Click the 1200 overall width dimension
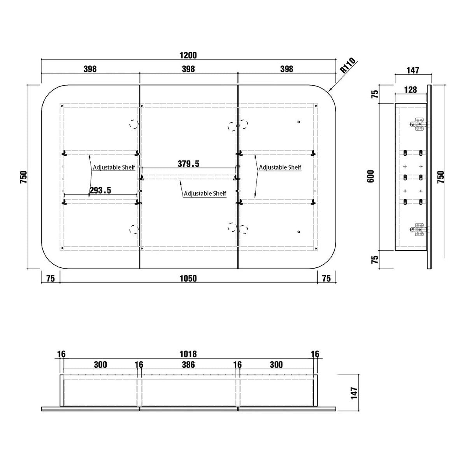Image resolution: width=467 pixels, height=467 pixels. tap(188, 55)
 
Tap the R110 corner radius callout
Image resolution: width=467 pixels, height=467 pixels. tap(348, 65)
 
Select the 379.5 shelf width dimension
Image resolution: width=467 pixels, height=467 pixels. tap(188, 164)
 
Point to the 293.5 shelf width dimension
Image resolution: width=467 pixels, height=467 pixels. tap(100, 190)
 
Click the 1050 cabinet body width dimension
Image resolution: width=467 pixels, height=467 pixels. tap(188, 279)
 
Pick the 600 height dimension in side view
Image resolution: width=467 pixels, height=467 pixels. tap(371, 176)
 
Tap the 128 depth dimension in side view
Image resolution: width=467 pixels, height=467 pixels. tap(411, 90)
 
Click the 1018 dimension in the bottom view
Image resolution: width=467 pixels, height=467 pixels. tap(188, 354)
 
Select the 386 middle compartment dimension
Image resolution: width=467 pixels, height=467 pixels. tap(188, 365)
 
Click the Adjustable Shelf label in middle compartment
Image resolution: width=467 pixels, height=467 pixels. tap(205, 193)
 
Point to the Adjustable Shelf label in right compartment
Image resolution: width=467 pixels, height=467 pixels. tap(280, 167)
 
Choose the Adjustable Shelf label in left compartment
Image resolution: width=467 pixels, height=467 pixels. tap(114, 167)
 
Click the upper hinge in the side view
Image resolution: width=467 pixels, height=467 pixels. tap(418, 124)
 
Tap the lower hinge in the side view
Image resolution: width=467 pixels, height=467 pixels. tap(418, 229)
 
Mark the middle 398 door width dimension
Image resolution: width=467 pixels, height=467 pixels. tap(188, 69)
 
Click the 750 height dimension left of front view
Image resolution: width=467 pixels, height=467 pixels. tap(24, 177)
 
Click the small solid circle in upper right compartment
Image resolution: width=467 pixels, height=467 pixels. tap(298, 122)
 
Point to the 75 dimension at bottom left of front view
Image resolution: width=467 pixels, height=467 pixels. tap(51, 279)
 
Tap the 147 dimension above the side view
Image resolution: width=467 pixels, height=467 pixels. tap(413, 70)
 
